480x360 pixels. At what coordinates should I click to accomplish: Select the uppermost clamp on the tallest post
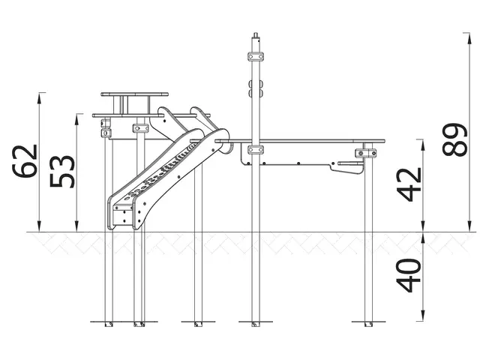257,56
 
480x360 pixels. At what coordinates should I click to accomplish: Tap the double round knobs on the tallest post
257,89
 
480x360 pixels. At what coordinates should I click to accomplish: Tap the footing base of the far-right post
367,324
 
